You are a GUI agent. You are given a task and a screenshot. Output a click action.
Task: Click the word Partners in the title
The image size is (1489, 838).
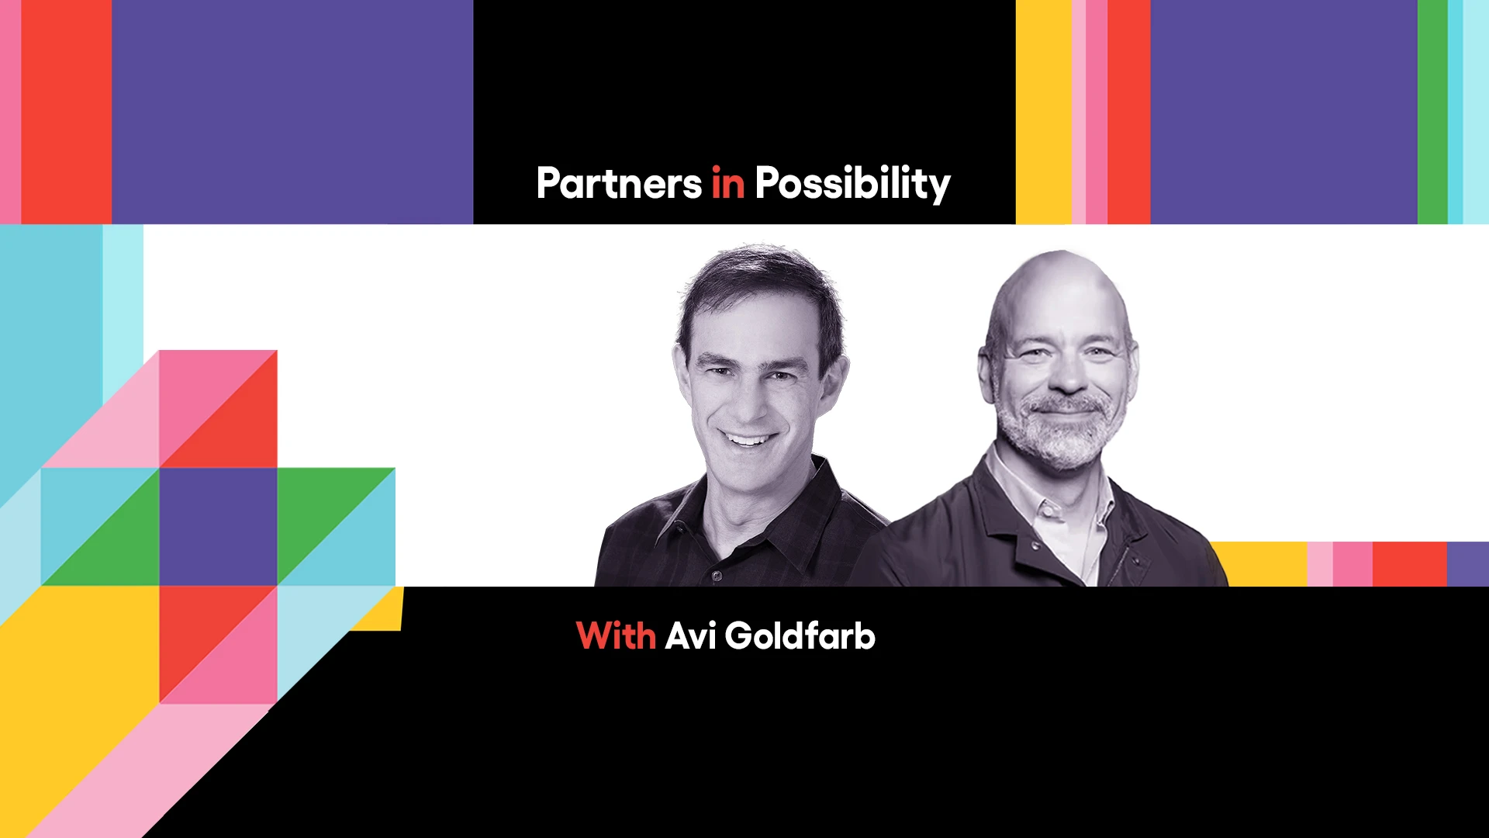pos(619,184)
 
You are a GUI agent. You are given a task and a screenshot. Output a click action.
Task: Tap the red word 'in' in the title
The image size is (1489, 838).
pos(727,184)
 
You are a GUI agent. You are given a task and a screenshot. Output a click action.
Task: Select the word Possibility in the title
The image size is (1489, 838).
pos(852,184)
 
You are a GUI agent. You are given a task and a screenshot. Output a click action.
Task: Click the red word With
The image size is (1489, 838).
pos(616,636)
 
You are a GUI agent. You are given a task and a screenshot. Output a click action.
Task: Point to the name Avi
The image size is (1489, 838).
pos(689,636)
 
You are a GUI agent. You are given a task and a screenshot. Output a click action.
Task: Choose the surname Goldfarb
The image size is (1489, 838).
pos(800,636)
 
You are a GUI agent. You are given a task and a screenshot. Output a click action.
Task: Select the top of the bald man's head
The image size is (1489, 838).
pos(1059,268)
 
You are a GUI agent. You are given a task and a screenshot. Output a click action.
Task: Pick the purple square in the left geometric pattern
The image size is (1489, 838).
pos(218,526)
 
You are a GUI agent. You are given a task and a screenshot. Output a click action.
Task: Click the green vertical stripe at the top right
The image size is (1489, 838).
pos(1432,112)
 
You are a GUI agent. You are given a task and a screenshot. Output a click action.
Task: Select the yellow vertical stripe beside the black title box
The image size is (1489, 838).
pos(1043,112)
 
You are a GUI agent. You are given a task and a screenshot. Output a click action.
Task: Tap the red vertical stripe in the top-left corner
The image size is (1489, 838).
pos(66,112)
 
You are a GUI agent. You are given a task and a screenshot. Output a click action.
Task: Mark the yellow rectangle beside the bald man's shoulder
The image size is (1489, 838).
pos(1264,564)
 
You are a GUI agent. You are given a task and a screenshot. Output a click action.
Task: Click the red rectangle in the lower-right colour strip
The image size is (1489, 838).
pos(1409,564)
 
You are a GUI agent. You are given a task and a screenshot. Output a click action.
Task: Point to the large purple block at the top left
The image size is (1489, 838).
pos(292,112)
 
